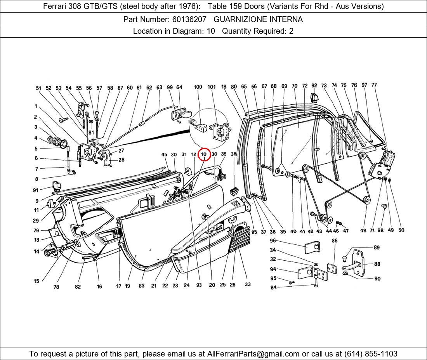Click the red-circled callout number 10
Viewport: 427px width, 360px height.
204,154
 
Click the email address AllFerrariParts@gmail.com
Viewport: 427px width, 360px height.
253,353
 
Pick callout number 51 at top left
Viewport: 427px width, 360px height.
38,88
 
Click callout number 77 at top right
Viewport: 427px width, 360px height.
374,85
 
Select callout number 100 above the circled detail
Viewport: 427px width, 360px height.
198,87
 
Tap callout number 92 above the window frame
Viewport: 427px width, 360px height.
314,86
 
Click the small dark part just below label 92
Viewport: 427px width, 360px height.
314,95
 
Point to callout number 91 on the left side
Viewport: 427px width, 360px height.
36,190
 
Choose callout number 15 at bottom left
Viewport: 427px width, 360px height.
36,281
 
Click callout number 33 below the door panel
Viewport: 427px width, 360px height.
248,284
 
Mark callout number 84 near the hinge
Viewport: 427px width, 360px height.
273,287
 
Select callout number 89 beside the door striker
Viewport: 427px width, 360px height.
377,247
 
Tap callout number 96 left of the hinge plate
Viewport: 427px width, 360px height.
273,241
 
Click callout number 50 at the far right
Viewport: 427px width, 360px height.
401,230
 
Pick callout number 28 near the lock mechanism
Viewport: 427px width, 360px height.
122,160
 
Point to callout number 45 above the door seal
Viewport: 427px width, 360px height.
164,155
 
